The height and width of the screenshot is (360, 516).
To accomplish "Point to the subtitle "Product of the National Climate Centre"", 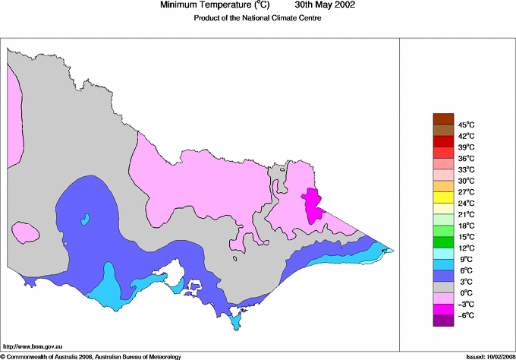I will pos(257,19).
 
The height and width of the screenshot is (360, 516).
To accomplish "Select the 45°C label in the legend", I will pos(465,125).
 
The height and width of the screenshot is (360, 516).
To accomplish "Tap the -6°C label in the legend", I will pos(465,315).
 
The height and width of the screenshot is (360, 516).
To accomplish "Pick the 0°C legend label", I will pos(465,292).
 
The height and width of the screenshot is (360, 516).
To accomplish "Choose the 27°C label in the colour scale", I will pos(465,192).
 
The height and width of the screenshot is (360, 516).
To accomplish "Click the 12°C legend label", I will pos(465,248).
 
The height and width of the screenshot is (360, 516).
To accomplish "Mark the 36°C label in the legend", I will pos(465,158).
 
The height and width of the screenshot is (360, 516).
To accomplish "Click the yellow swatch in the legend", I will pos(442,197).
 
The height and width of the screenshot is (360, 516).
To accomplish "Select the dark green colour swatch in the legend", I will pos(442,242).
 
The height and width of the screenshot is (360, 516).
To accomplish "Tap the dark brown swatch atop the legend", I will pos(442,118).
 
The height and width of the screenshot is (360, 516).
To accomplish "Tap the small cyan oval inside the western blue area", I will pos(86,219).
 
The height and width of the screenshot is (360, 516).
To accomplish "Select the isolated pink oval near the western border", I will pos(27,232).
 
